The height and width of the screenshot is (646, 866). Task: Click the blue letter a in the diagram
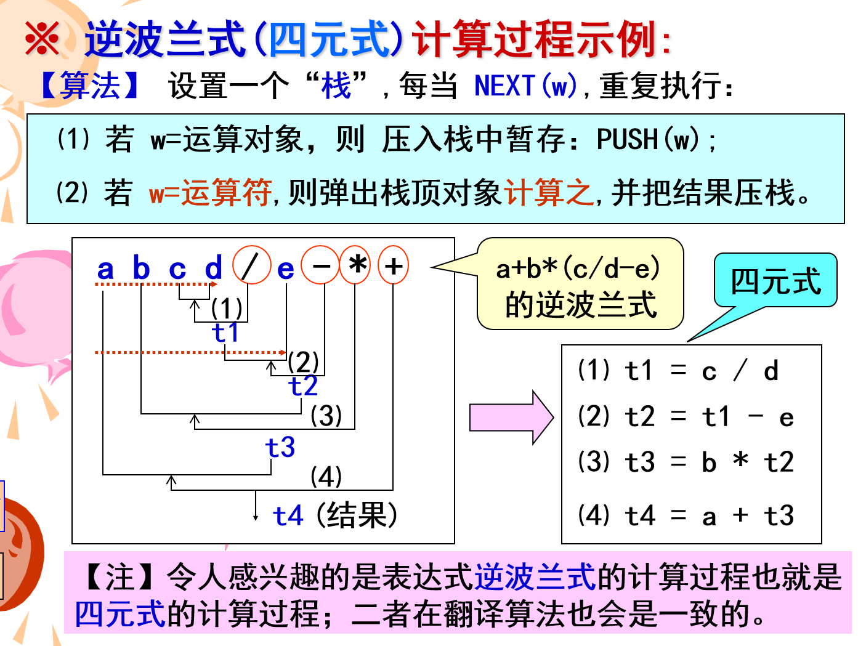click(x=105, y=269)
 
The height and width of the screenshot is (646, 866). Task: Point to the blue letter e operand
click(x=285, y=269)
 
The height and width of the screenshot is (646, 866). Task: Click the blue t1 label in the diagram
click(x=225, y=333)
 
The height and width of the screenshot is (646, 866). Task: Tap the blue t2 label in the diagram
click(x=303, y=386)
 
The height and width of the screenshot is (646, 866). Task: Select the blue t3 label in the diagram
click(x=280, y=447)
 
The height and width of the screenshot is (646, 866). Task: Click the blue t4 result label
click(x=288, y=516)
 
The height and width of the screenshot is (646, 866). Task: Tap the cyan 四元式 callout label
click(x=775, y=281)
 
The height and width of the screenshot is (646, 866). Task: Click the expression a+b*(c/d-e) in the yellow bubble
click(x=578, y=268)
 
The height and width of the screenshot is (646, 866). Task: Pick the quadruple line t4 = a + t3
click(x=686, y=515)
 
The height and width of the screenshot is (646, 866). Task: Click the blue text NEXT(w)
click(x=527, y=86)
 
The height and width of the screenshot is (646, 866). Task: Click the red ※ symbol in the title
click(x=42, y=38)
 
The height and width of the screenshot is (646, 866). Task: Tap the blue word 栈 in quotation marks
click(x=336, y=86)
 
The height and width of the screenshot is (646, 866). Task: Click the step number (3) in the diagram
click(x=326, y=416)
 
